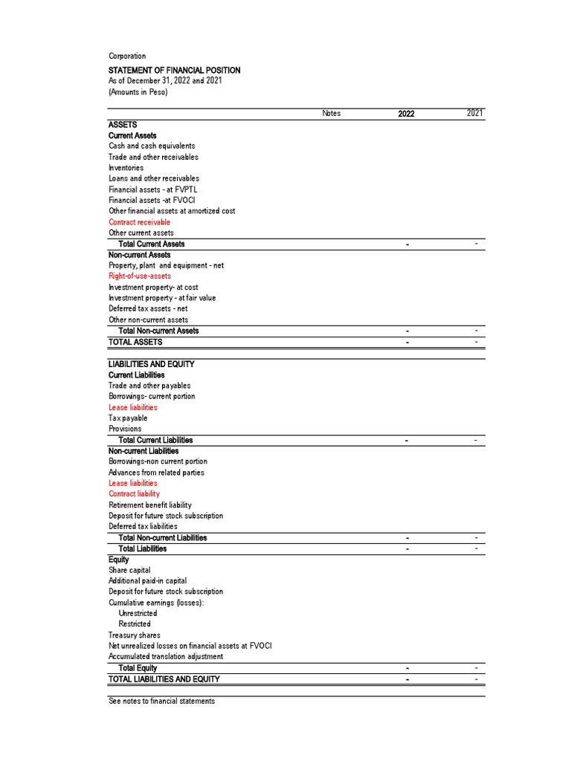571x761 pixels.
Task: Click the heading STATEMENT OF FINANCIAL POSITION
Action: [174, 70]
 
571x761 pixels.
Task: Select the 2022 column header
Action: [406, 114]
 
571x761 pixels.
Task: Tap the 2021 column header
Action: [475, 113]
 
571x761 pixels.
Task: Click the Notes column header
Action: [332, 114]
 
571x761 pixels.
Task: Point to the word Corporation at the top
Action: [127, 56]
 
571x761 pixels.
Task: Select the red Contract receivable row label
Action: [139, 222]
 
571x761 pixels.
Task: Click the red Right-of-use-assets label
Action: [140, 276]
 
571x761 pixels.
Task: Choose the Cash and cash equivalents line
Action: [152, 146]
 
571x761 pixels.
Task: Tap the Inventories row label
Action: [126, 168]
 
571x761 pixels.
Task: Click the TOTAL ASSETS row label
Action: [135, 342]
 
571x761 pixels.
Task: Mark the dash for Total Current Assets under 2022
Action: [407, 245]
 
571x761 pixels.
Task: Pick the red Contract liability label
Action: [134, 493]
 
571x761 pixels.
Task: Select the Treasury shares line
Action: [134, 635]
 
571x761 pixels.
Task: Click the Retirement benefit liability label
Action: [150, 505]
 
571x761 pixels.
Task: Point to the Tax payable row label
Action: [128, 418]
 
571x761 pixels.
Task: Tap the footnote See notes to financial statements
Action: [161, 701]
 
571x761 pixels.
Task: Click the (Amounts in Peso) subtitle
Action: [138, 92]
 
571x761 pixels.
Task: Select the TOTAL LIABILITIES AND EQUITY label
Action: [164, 679]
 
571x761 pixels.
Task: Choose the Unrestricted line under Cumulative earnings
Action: [138, 613]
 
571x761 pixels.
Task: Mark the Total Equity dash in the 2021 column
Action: [476, 667]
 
